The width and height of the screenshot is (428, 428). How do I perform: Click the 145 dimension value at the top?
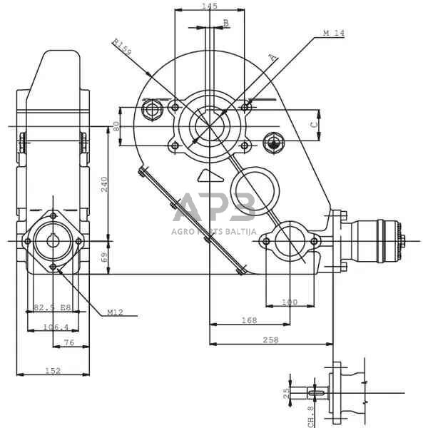210,6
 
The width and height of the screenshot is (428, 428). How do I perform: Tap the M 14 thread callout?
333,34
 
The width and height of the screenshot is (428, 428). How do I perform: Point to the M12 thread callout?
116,312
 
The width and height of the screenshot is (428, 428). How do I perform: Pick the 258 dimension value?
270,340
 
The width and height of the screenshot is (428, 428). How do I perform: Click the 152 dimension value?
53,370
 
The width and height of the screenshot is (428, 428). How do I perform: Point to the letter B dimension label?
226,23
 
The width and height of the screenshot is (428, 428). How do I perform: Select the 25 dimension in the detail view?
286,392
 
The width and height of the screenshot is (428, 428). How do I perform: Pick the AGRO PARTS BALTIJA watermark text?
213,230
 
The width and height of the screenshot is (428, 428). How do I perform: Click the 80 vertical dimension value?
116,126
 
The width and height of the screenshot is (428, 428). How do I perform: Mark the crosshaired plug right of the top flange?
273,142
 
